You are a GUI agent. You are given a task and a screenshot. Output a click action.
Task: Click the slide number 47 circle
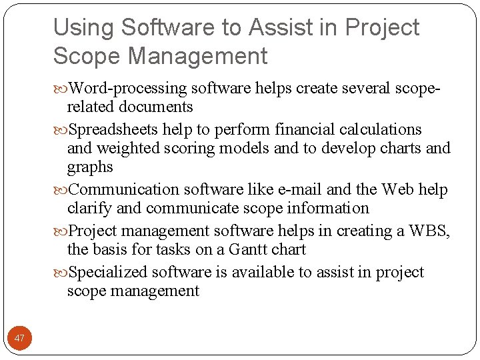(19, 339)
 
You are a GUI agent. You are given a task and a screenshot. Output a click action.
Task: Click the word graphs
(90, 167)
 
